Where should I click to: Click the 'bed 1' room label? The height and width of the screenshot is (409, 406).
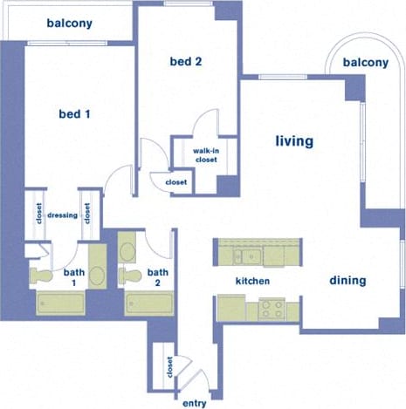pos(73,114)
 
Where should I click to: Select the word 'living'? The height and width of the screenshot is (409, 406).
pos(294,140)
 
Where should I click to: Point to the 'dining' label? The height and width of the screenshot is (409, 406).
pos(347,281)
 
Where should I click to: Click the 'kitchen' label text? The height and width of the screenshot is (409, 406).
pos(252,282)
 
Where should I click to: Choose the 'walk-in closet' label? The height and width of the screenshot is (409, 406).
pos(205,154)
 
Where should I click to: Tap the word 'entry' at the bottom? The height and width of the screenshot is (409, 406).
pos(194,403)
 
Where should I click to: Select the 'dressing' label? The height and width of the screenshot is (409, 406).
pos(63,215)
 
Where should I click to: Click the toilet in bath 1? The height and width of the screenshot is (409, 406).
pos(42,276)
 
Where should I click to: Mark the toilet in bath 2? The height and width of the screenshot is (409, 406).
pos(132,276)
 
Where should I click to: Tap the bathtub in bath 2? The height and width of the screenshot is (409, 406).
pos(151,303)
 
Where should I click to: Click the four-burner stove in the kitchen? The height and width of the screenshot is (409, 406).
pos(272,308)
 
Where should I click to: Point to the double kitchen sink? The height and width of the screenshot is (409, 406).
pos(248,256)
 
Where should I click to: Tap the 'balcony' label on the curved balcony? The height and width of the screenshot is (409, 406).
pos(365,63)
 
